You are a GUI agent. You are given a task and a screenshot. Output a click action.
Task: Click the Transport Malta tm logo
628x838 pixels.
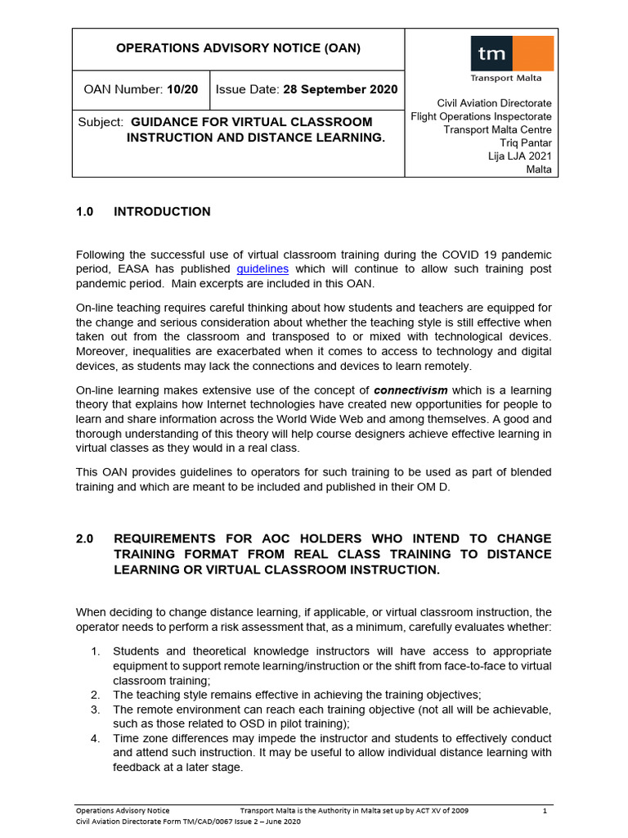(511, 54)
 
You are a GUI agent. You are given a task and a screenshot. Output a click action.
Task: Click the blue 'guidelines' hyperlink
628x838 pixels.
(262, 268)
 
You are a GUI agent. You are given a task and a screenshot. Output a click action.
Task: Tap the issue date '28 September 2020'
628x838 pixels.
(339, 89)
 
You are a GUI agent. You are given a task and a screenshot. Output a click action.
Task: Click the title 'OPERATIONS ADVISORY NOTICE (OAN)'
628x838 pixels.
(238, 48)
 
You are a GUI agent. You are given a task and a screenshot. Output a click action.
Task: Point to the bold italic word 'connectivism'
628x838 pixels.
(410, 390)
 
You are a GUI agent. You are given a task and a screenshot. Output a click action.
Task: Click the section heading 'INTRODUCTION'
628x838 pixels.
(162, 211)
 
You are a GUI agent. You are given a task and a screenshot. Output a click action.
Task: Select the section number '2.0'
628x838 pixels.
(85, 538)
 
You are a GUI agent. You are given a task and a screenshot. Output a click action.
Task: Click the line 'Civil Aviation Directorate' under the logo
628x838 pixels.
(494, 103)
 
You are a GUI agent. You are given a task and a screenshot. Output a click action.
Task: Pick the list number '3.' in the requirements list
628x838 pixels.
(95, 709)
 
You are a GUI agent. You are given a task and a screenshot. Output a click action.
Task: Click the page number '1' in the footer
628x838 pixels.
(545, 810)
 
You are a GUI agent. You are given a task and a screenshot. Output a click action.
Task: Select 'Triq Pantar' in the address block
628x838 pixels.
(525, 143)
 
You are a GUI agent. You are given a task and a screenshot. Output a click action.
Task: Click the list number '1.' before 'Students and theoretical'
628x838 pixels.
(95, 651)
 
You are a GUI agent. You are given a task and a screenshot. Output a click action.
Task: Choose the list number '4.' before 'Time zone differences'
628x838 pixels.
(95, 738)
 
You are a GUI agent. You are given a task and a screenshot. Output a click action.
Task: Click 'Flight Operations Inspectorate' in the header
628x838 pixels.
(481, 116)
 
